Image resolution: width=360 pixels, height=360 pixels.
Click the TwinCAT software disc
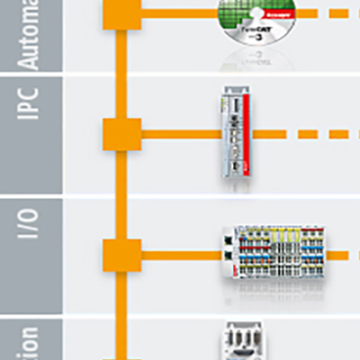coord(256,31)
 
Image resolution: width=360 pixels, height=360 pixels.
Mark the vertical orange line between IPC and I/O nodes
coord(117,193)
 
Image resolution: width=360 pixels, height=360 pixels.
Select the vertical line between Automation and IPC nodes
coord(117,72)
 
